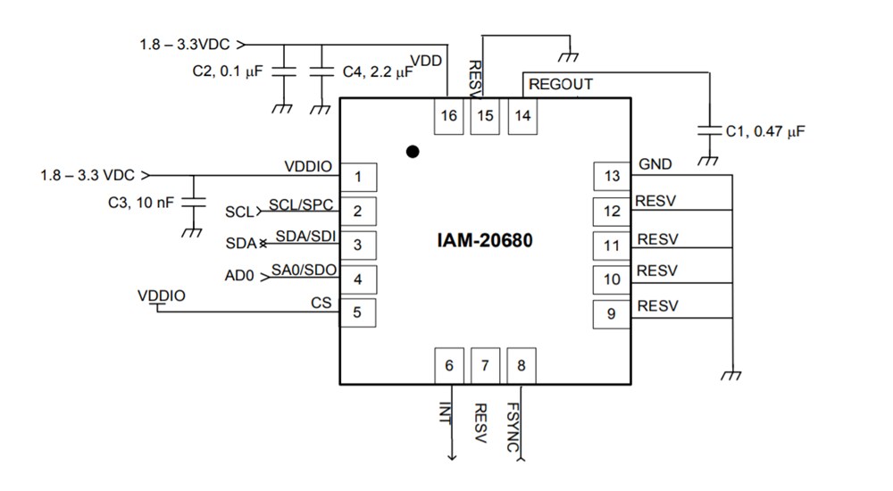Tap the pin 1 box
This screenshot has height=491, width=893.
click(x=357, y=177)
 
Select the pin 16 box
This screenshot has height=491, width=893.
click(x=448, y=116)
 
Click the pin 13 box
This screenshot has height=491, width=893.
click(x=612, y=177)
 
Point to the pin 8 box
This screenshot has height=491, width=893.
click(x=522, y=365)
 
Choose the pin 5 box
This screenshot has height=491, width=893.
click(x=357, y=312)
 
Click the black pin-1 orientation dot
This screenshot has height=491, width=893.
click(x=412, y=152)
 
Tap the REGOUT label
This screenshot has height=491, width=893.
click(x=561, y=85)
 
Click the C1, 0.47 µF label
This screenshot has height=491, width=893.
click(x=765, y=131)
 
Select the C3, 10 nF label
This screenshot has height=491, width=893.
click(x=141, y=203)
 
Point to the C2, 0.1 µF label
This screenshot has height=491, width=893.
click(x=228, y=72)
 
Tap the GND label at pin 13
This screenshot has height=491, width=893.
click(x=655, y=164)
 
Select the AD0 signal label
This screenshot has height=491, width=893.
click(x=239, y=277)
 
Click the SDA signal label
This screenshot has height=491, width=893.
click(x=239, y=244)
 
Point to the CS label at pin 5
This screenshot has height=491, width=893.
click(x=321, y=303)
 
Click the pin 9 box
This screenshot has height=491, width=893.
click(x=612, y=313)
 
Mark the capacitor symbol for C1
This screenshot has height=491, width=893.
click(x=710, y=130)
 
